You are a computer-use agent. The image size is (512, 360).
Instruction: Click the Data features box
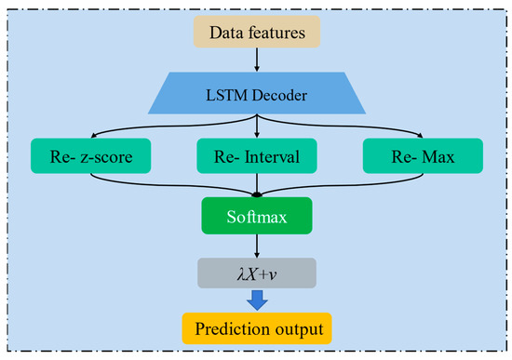point(256,33)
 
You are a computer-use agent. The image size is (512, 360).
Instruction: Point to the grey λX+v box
point(256,272)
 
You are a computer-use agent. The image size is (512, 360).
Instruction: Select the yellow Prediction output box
point(256,329)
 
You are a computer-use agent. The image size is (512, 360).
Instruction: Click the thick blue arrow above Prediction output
point(256,300)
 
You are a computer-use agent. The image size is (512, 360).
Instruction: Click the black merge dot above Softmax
point(256,193)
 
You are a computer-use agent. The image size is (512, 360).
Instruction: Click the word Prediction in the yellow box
point(233,329)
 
